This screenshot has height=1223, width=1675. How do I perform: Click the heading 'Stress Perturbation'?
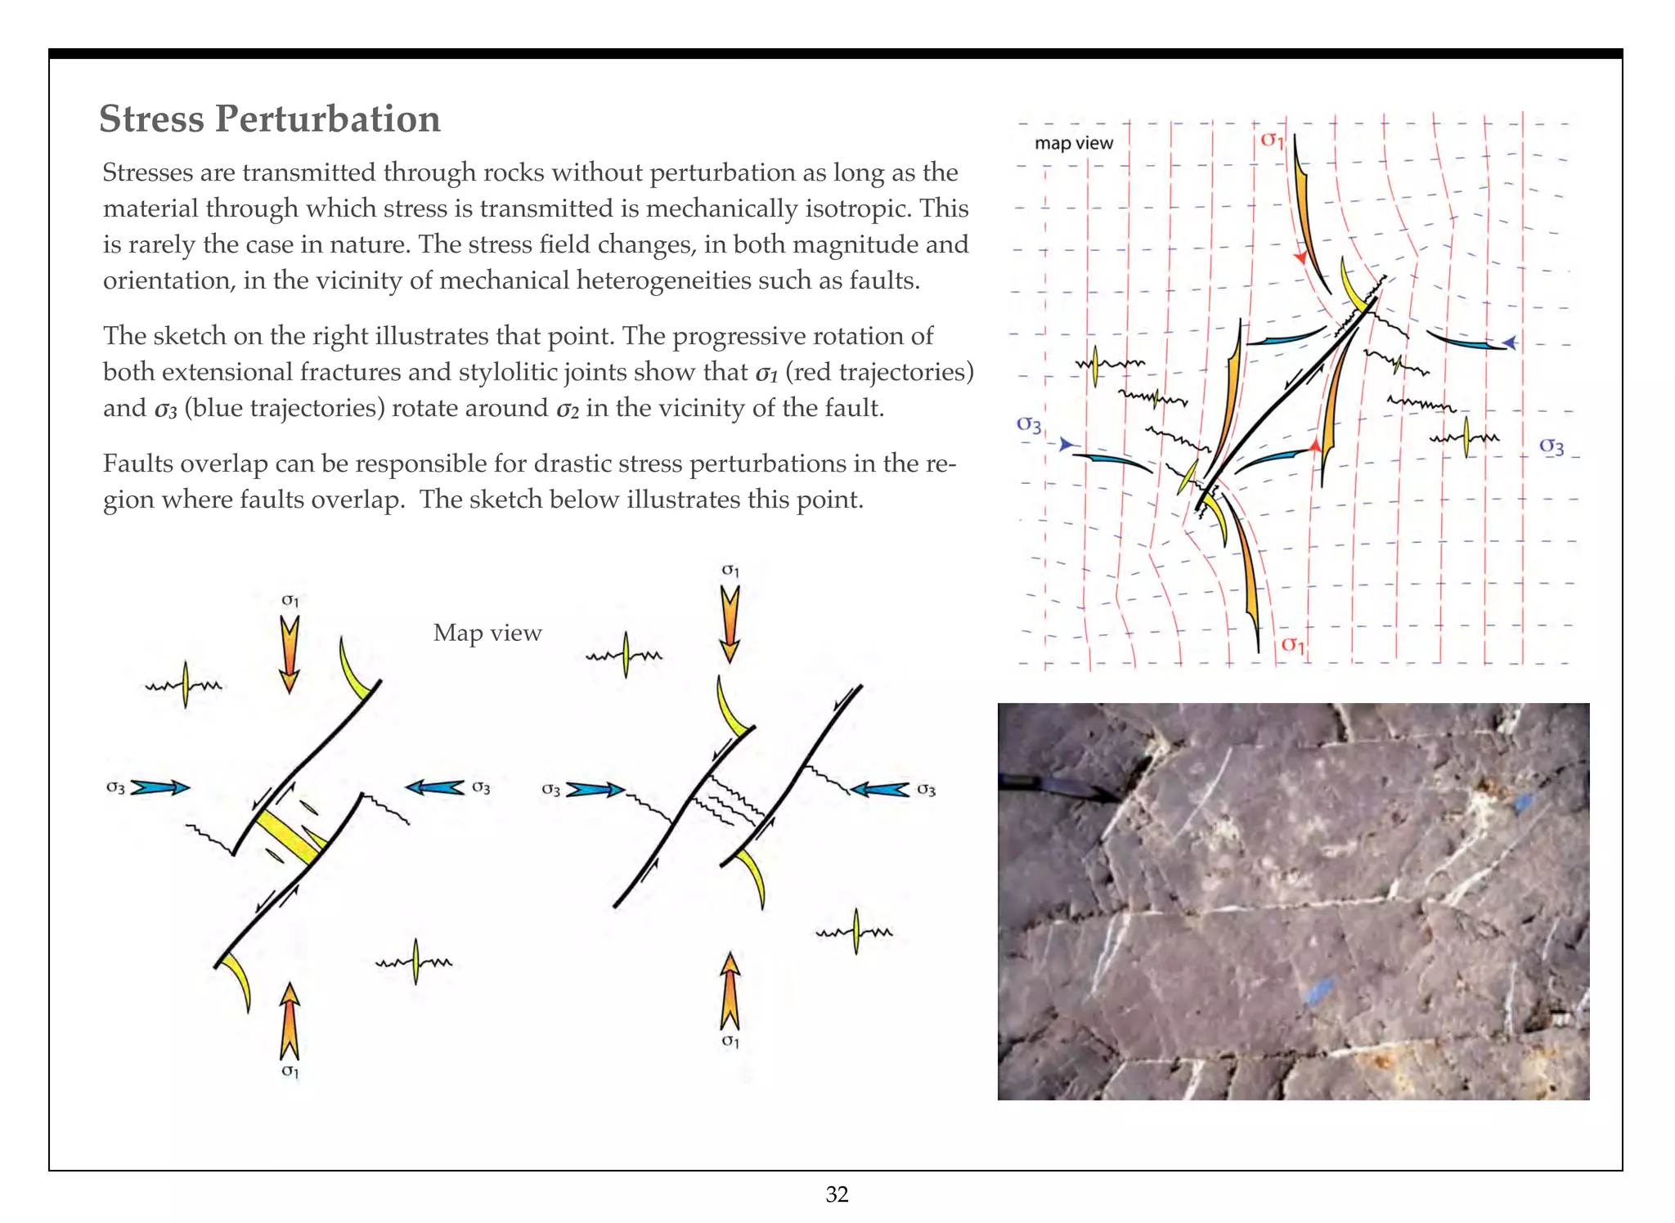pos(269,119)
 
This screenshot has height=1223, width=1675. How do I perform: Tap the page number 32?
pos(837,1194)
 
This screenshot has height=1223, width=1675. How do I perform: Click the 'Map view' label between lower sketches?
pos(487,633)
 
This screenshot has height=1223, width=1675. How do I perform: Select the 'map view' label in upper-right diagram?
pos(1073,143)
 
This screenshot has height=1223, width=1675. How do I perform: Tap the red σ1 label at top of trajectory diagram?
pos(1272,140)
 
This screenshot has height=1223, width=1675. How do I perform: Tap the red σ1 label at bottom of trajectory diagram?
pos(1292,644)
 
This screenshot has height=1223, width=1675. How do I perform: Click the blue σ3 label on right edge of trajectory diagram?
pos(1551,446)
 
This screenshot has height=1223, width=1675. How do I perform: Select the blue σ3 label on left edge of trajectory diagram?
pos(1029,424)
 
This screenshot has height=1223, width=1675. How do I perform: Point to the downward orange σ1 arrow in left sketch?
pos(289,653)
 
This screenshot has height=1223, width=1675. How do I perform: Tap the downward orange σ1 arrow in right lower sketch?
pos(730,624)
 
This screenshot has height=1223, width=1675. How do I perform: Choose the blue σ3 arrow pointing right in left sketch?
pos(160,788)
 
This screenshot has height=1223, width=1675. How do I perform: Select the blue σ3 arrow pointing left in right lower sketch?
pos(880,790)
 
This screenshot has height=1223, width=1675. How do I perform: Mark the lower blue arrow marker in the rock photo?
pos(1314,990)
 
